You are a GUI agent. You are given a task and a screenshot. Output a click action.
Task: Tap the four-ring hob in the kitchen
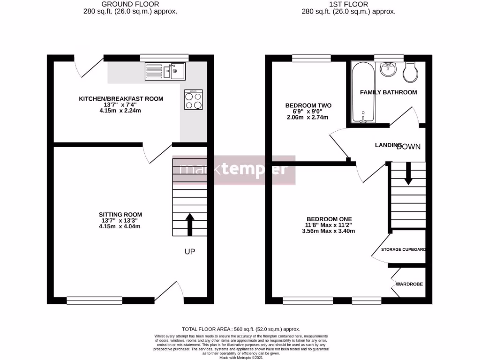tap(194, 99)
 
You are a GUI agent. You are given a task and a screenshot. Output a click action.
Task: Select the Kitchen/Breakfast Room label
tap(120, 98)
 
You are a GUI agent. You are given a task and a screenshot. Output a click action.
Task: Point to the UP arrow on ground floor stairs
tap(190, 225)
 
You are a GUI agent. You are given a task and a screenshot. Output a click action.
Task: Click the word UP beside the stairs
tap(189, 252)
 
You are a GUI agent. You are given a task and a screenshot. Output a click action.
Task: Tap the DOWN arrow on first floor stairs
tap(408, 173)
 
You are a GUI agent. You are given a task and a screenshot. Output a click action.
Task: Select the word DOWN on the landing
tap(409, 147)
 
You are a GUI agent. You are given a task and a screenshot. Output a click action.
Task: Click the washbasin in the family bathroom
tap(389, 69)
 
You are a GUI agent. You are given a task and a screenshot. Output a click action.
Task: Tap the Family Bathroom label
tap(388, 92)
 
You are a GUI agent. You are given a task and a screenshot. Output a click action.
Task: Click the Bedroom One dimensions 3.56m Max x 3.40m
tap(329, 231)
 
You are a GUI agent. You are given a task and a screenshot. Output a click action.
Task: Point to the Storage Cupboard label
tap(403, 249)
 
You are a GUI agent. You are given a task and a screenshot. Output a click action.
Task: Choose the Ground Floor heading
tap(122, 5)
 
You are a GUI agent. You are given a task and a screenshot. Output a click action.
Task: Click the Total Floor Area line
tap(240, 329)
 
